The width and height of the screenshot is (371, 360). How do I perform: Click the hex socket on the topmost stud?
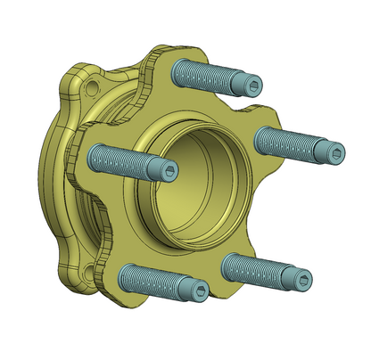(x=255, y=86)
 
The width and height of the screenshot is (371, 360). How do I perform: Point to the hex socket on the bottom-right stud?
(x=304, y=282)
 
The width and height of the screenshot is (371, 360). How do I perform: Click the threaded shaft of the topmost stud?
(x=205, y=74)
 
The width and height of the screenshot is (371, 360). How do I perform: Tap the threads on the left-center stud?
(x=120, y=160)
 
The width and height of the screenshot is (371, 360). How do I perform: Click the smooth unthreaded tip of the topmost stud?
(x=245, y=84)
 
